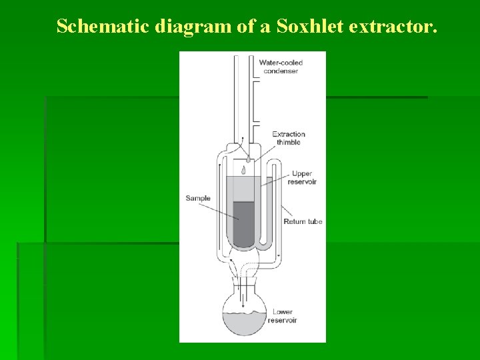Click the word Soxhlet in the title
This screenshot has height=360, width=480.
293,27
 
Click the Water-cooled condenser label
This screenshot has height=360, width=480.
281,67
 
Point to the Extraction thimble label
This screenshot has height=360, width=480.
287,138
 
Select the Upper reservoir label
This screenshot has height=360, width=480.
302,177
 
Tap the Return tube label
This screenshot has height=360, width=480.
303,221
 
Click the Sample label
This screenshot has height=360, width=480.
198,198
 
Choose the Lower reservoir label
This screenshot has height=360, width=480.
282,316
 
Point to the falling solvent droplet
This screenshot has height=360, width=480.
244,171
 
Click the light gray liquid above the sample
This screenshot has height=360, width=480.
243,189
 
